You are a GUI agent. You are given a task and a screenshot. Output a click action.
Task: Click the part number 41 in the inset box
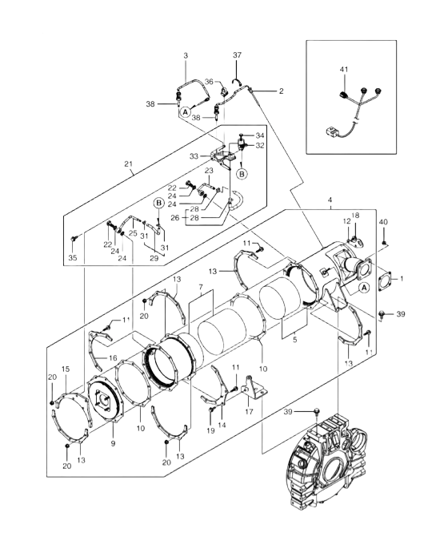(344, 70)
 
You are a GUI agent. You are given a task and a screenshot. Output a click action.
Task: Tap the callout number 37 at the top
(237, 55)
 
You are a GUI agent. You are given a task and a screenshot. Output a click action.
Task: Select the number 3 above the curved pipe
(186, 55)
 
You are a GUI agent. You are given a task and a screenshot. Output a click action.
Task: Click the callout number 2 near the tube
(281, 91)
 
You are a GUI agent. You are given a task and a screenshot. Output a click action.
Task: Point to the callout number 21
(129, 164)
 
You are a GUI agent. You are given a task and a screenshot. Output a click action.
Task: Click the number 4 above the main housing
(330, 200)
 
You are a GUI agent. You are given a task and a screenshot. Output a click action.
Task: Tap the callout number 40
(383, 222)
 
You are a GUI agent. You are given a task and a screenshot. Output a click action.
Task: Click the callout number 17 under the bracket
(249, 412)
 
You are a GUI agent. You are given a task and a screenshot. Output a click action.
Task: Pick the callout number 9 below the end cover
(113, 444)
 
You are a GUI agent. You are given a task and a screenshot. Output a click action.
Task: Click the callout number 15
(66, 369)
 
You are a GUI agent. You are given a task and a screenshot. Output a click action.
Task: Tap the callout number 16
(113, 358)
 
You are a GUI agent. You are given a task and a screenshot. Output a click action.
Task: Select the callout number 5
(294, 340)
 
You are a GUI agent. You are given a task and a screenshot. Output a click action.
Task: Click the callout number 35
(73, 258)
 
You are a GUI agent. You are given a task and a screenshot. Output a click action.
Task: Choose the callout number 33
(194, 156)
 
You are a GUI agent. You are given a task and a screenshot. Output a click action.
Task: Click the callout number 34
(260, 135)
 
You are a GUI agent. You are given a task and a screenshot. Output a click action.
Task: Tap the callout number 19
(210, 431)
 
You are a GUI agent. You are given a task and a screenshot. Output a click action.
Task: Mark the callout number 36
(209, 82)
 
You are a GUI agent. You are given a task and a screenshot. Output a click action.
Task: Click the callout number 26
(175, 218)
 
